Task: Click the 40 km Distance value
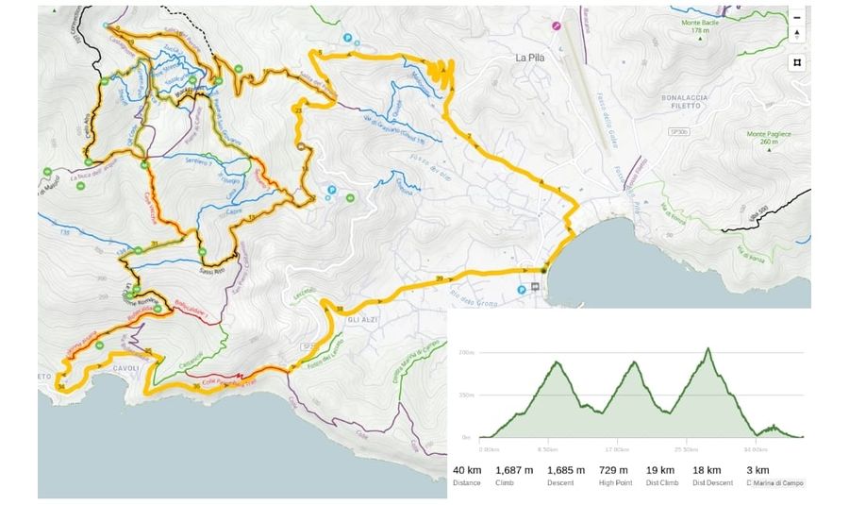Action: point(465,470)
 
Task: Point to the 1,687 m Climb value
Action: point(514,470)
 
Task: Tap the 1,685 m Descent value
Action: point(566,470)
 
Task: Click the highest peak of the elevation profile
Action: point(708,348)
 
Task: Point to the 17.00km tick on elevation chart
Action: point(618,449)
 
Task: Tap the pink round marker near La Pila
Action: point(557,26)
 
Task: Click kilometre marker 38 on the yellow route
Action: point(339,309)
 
